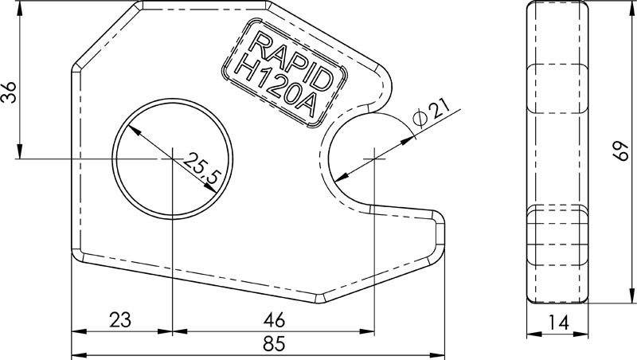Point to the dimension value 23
point(119,320)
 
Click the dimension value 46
point(273,320)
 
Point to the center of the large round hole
point(173,158)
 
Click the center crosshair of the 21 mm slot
point(373,158)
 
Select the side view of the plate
point(558,152)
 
